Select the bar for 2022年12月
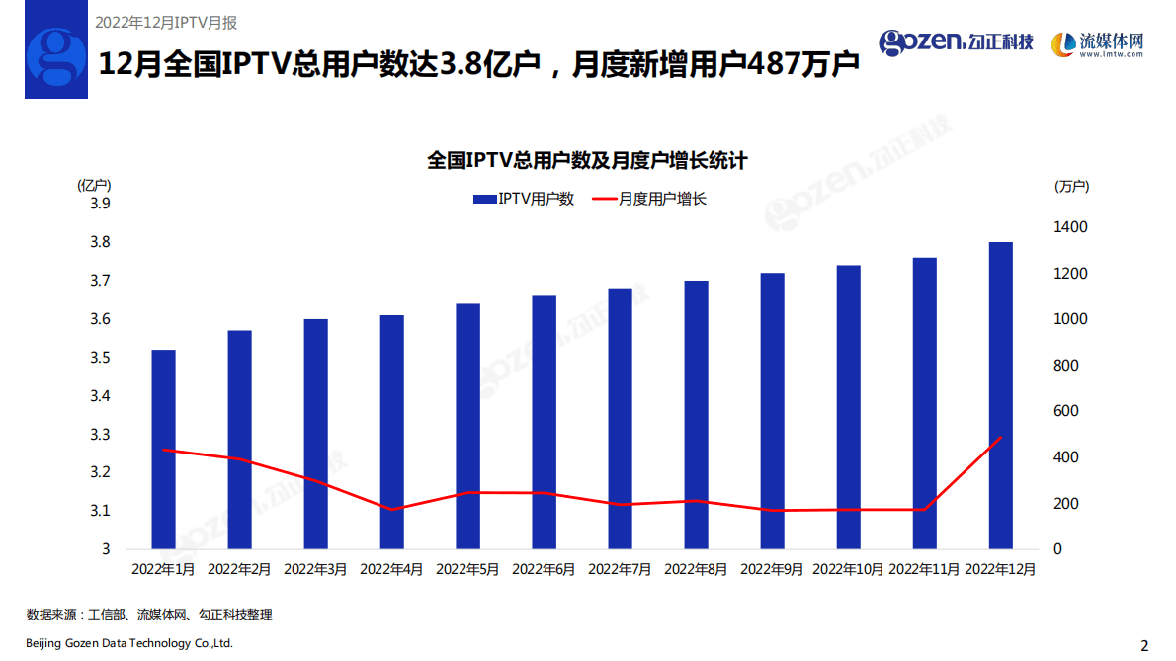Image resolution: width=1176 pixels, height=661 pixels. coord(1000,395)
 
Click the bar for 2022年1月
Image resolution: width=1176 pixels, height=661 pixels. coord(163,450)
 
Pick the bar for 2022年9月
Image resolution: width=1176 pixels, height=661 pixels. coord(772,410)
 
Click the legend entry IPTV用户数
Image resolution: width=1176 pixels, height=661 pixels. coord(524,199)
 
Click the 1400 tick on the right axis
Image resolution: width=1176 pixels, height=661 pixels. coord(1070,227)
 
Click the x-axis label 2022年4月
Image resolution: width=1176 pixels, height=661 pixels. coord(391,570)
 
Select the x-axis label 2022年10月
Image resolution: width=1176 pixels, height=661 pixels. coord(848,570)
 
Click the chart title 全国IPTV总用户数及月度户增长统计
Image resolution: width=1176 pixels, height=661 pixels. coord(587,160)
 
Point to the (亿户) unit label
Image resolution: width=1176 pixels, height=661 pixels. coord(94,185)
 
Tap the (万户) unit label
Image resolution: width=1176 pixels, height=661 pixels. coord(1071,186)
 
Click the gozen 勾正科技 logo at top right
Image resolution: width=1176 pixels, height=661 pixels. coord(956,41)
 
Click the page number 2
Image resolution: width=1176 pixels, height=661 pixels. coord(1144,646)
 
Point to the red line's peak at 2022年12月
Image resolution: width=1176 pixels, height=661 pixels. coord(1000,437)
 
